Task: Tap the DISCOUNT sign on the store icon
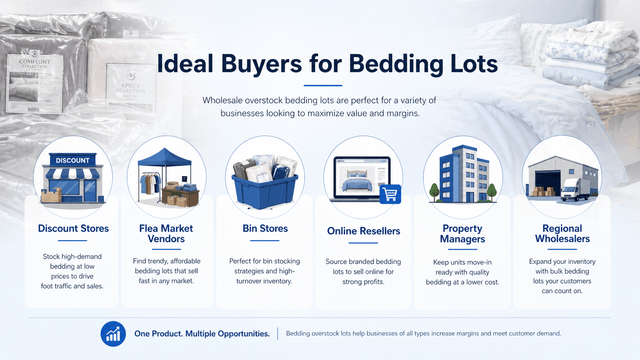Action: [73, 160]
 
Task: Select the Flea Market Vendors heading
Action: [166, 233]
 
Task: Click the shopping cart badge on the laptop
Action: [390, 194]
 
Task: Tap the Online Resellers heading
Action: [363, 231]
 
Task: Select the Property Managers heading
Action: [462, 233]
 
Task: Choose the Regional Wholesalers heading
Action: [562, 233]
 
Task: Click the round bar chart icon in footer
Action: [113, 334]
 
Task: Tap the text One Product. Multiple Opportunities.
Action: [202, 334]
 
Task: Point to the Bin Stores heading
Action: [265, 228]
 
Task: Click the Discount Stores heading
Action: [73, 228]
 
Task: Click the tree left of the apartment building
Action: [434, 192]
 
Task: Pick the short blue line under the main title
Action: [323, 85]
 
